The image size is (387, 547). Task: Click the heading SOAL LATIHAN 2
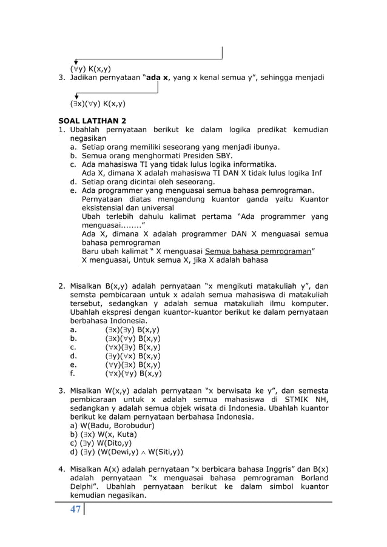click(92, 121)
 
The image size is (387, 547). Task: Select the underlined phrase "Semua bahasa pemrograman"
click(257, 252)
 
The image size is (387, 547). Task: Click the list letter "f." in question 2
click(73, 374)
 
